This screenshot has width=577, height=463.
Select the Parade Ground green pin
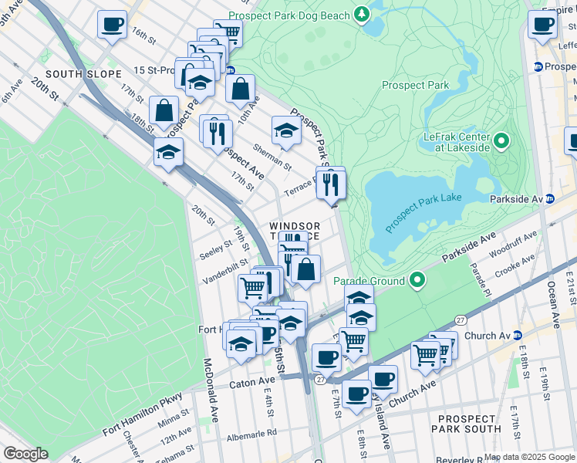pyautogui.click(x=417, y=279)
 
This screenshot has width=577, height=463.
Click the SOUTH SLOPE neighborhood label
pyautogui.click(x=83, y=74)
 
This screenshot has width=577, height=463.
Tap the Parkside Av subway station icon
pyautogui.click(x=550, y=198)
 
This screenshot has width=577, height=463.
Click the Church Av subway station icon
pyautogui.click(x=518, y=336)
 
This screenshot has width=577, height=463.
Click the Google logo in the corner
pyautogui.click(x=25, y=454)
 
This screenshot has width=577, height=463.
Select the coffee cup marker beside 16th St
pyautogui.click(x=113, y=25)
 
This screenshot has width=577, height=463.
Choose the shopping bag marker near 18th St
pyautogui.click(x=164, y=110)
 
